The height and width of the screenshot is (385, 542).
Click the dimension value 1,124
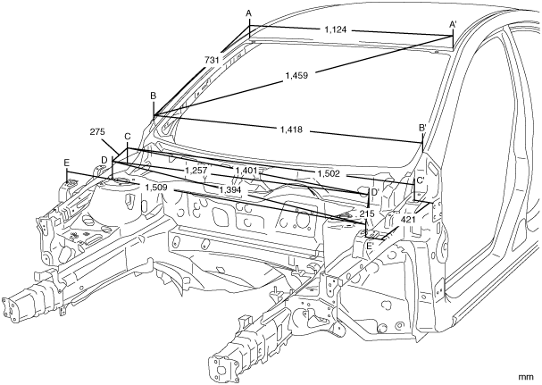tap(337, 30)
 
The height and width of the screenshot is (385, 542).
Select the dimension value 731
tap(213, 60)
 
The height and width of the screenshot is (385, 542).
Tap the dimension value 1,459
tap(297, 77)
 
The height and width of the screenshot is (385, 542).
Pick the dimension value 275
tap(99, 131)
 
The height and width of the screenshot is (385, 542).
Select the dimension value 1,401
tap(247, 170)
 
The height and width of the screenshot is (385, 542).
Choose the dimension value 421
tap(409, 219)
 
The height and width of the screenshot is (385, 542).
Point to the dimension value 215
tap(366, 215)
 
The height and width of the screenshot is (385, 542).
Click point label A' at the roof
tap(454, 23)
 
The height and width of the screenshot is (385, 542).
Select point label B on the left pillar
tap(154, 96)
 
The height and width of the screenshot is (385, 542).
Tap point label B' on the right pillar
tap(423, 128)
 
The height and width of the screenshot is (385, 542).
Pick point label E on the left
tap(67, 162)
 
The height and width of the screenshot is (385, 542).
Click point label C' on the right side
tap(419, 180)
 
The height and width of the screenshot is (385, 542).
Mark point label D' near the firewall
tap(375, 191)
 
